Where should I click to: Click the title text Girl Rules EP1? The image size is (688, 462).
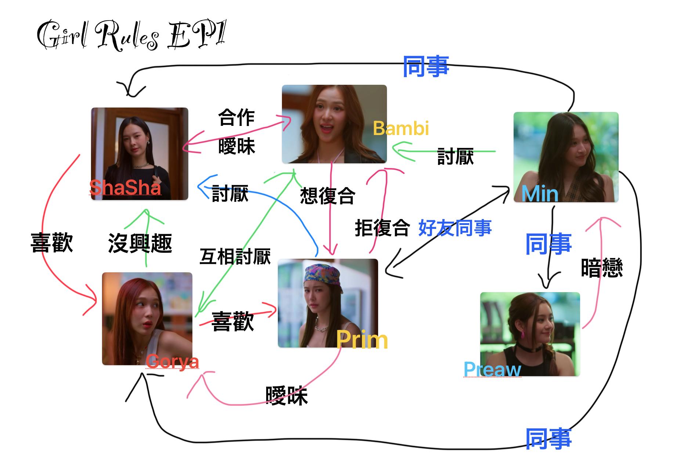pos(131,36)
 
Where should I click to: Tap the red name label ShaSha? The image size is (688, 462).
pos(125,188)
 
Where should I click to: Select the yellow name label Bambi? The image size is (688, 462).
pos(401,128)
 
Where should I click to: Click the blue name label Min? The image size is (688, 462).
pos(540,193)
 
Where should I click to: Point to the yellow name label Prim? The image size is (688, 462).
pos(362,340)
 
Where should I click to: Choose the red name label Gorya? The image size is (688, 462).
pos(172,362)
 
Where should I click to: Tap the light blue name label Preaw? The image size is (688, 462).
pos(492,369)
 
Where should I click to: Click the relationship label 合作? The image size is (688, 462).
pos(236,118)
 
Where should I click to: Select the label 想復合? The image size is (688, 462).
pos(327,196)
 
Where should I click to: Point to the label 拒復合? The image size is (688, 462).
pos(382,228)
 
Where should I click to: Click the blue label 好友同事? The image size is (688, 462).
pos(455,228)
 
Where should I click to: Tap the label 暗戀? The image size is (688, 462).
pos(602,268)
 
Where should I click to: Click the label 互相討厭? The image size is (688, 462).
pos(235,257)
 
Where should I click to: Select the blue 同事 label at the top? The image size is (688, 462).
pos(426,66)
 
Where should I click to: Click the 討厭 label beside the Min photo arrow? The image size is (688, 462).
pos(455,157)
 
